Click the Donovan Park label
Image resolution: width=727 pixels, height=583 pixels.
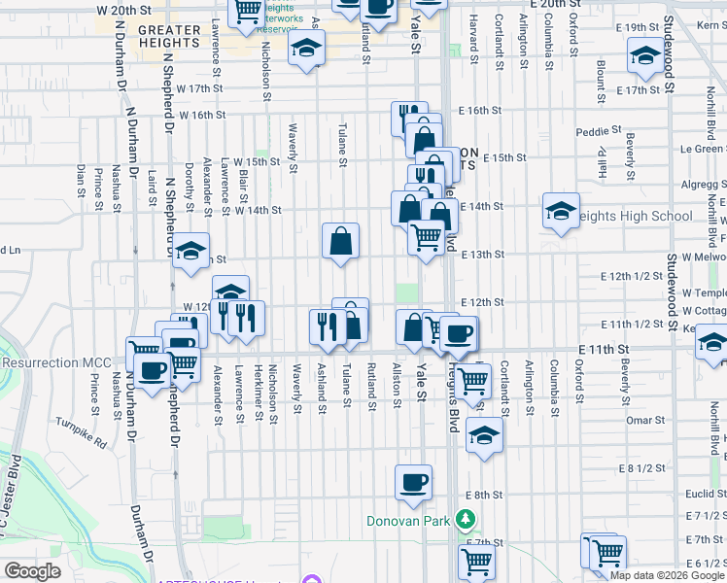point(408,521)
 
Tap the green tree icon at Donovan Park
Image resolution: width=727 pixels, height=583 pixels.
point(467,520)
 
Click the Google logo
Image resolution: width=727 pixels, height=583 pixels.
point(32,571)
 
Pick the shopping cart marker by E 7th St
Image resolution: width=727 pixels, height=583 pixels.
point(476,561)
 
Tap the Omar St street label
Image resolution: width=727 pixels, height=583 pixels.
point(645,421)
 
